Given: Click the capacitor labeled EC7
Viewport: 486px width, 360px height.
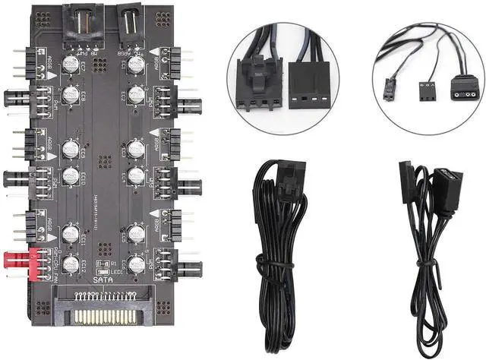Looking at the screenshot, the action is pos(71,63).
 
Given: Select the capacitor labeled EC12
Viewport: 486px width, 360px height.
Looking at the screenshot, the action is pos(71,264).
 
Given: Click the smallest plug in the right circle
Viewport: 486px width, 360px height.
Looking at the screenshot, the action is pos(397,90).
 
